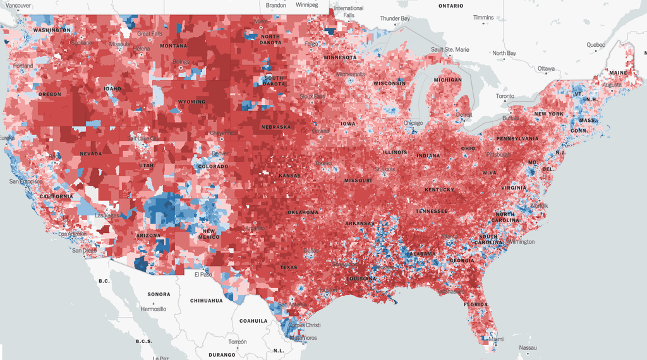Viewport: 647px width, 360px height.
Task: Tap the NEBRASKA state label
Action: tap(275, 127)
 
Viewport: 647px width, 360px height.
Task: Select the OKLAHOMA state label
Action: tap(303, 212)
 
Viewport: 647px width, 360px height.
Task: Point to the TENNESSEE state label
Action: tap(432, 211)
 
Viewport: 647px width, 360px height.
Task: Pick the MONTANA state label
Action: tap(173, 46)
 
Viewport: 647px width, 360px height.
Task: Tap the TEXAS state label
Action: tap(288, 267)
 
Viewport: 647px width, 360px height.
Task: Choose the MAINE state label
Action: tap(619, 73)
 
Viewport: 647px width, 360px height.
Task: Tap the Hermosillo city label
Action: tap(154, 309)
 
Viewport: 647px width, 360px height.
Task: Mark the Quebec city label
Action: tap(596, 45)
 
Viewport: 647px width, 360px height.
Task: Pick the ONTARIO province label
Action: tap(450, 6)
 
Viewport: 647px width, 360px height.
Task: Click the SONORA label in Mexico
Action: tap(159, 294)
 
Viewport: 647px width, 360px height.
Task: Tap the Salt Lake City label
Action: tap(143, 138)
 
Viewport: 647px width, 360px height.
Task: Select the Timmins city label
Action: tap(483, 18)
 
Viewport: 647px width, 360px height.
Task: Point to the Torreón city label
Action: tap(238, 341)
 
